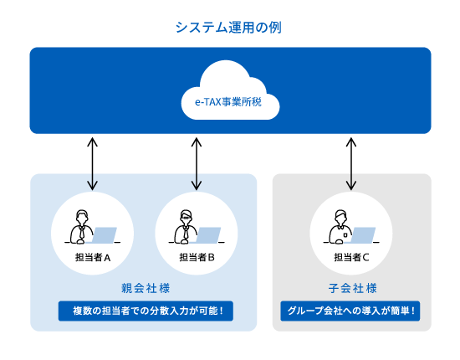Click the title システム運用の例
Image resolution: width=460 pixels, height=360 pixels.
(228, 27)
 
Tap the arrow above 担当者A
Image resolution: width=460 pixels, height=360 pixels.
(93, 164)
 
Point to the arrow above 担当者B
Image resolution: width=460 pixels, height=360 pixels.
(197, 164)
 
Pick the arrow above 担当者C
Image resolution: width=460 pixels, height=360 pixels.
(351, 164)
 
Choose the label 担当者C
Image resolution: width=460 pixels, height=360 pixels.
(351, 257)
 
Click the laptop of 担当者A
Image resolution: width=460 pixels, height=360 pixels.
(105, 235)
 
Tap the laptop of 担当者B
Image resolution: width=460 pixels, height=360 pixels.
(208, 235)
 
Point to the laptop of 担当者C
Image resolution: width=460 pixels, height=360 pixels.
(363, 235)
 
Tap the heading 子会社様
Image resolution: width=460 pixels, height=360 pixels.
(351, 288)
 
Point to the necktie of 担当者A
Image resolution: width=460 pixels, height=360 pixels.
(82, 234)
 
